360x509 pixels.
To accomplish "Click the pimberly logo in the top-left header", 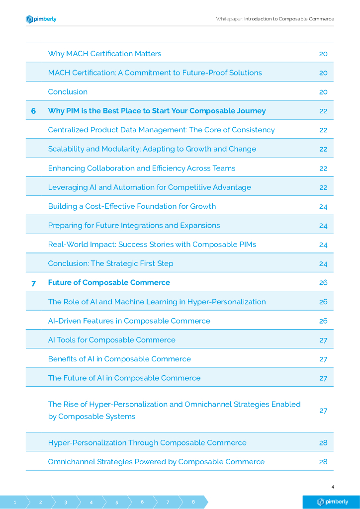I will pos(41,19).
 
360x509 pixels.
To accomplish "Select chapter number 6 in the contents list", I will pos(33,111).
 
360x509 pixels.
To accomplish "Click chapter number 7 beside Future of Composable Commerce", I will pos(33,283).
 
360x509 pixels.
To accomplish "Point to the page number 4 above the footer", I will pos(332,486).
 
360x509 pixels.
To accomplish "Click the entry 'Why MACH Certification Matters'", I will pos(104,54).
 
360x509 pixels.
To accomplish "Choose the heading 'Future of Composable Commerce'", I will pos(109,282).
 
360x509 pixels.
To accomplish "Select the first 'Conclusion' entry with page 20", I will pos(68,92).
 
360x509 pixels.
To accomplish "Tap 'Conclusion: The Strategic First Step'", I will pos(110,263).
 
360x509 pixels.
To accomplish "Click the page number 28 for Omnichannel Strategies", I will pos(323,462).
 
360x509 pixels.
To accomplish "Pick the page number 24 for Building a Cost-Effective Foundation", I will pos(323,206).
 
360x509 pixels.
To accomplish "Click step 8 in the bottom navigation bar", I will pos(193,502).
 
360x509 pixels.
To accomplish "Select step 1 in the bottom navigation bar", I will pos(15,502).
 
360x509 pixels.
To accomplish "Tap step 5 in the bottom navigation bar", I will pos(117,502).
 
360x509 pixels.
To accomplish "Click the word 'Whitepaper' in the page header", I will pos(229,19).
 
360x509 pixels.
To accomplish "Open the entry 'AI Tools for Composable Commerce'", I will pos(111,340).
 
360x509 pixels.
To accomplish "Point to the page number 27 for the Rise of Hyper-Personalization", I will pos(323,411).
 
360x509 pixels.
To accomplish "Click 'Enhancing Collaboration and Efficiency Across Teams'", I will pos(142,168).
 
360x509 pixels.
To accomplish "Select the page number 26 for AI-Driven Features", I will pos(323,321).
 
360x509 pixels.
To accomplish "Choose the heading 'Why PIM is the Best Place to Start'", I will pos(157,111).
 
